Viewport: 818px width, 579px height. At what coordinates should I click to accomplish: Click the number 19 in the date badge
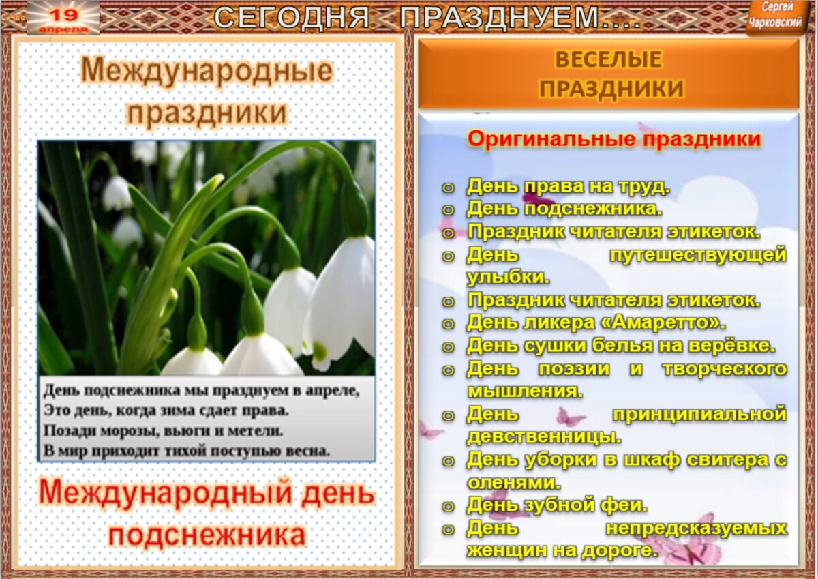coord(63,14)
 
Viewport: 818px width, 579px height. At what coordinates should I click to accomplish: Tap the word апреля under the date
coord(63,29)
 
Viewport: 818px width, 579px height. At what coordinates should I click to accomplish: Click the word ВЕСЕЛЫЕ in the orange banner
coord(608,60)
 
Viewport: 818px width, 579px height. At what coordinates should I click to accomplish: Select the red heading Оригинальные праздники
coord(613,139)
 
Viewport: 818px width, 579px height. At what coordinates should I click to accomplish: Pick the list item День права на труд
coord(569,186)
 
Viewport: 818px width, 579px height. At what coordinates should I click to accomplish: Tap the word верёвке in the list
coord(736,346)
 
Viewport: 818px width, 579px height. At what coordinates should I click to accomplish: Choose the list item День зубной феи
coord(556,505)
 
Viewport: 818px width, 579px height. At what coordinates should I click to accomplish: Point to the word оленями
coord(514,482)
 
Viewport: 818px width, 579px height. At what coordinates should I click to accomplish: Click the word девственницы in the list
coord(544,436)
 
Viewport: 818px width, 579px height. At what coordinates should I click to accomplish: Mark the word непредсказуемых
coord(695,528)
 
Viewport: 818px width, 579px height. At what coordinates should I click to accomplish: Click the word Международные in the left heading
coord(207,71)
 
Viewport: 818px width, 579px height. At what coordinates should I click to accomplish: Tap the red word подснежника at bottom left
coord(207,535)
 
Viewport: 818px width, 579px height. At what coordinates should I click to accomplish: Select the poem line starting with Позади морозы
coord(164,430)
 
